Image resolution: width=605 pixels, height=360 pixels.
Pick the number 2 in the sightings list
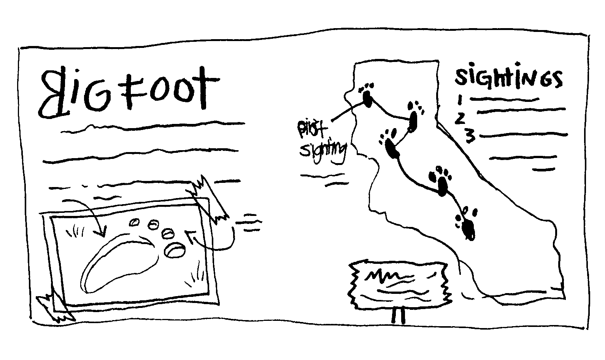[460, 117]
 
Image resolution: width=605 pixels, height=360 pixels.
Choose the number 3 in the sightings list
[470, 136]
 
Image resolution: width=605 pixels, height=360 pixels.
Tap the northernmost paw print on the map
[367, 95]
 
